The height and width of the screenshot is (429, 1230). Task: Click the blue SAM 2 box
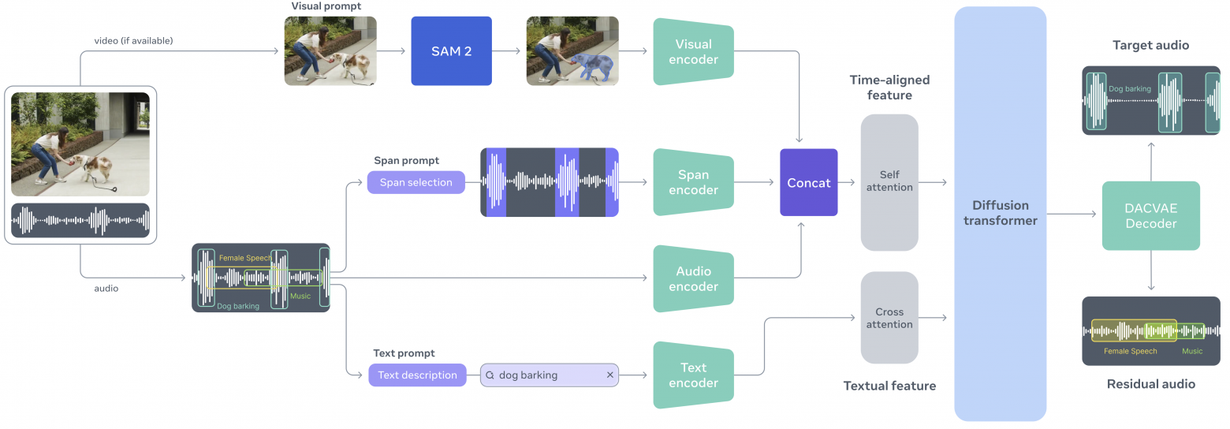tap(451, 51)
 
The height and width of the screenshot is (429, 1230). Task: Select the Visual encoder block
tap(693, 51)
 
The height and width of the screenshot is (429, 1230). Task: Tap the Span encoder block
tap(693, 182)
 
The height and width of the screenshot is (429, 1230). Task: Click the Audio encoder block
tap(693, 278)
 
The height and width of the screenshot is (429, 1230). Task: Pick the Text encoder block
tap(693, 375)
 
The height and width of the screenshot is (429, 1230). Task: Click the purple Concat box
tap(808, 182)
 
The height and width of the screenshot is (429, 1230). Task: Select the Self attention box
tap(889, 181)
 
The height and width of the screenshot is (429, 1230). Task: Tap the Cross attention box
tap(889, 318)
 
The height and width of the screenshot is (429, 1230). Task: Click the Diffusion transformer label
tap(1000, 213)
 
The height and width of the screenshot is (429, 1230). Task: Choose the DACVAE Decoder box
tap(1150, 215)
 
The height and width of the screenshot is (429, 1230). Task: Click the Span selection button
tap(416, 182)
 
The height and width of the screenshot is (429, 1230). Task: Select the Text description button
tap(417, 375)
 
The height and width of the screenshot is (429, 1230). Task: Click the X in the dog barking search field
tap(609, 375)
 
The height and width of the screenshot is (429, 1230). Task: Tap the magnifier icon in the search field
tap(490, 375)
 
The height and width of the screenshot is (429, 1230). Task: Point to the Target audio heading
tap(1150, 45)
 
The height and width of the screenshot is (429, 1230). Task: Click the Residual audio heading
tap(1150, 384)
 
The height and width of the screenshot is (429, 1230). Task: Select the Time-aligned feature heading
tap(889, 88)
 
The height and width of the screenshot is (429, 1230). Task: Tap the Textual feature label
tap(889, 386)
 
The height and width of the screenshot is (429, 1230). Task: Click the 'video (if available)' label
tap(133, 40)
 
